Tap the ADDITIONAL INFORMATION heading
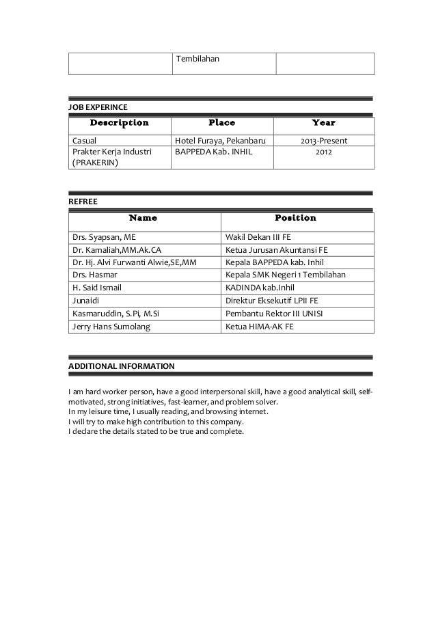pyautogui.click(x=120, y=366)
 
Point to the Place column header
pyautogui.click(x=221, y=124)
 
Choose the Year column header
pyautogui.click(x=323, y=124)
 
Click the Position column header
pyautogui.click(x=295, y=219)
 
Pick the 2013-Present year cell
pyautogui.click(x=324, y=141)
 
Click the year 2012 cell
pyautogui.click(x=324, y=152)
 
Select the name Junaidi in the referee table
pyautogui.click(x=86, y=300)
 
